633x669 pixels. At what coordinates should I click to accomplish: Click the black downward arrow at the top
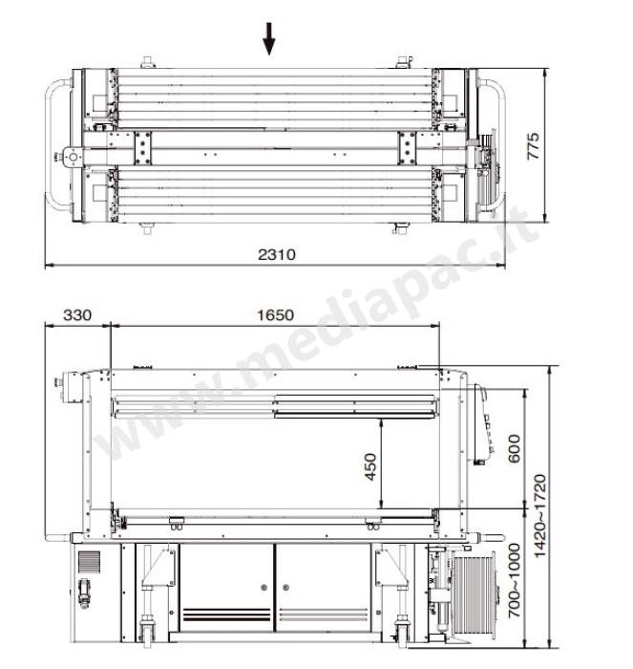268,39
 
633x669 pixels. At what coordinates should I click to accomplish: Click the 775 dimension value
534,146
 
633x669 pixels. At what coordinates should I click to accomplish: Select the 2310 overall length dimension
277,255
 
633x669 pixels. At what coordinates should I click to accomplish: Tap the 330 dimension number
77,315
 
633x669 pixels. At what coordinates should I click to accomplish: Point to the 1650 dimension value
275,315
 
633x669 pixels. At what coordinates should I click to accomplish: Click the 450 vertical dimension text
370,466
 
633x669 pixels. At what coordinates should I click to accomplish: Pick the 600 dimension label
514,448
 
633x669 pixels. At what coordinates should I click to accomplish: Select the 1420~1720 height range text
539,516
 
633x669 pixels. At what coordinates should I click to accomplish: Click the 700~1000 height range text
514,580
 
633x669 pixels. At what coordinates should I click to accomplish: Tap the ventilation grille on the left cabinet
89,562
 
